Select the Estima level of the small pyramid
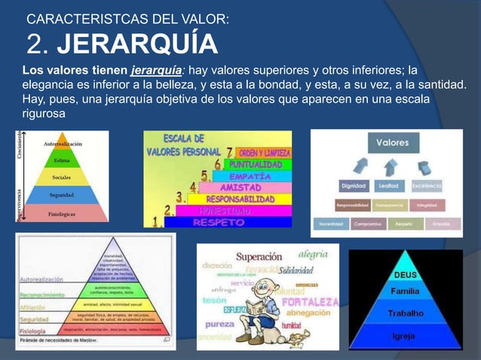click(x=62, y=160)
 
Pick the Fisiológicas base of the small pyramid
click(x=62, y=212)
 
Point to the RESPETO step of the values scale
click(x=218, y=222)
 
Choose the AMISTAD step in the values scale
click(x=240, y=187)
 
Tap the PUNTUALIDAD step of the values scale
click(x=256, y=163)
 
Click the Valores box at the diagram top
click(x=392, y=142)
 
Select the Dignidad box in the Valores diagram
click(x=354, y=185)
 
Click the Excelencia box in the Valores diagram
click(x=432, y=185)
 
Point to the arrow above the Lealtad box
click(x=393, y=164)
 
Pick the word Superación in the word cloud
click(x=259, y=257)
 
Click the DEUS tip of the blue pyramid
click(x=406, y=275)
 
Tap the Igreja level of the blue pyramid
click(x=406, y=335)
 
